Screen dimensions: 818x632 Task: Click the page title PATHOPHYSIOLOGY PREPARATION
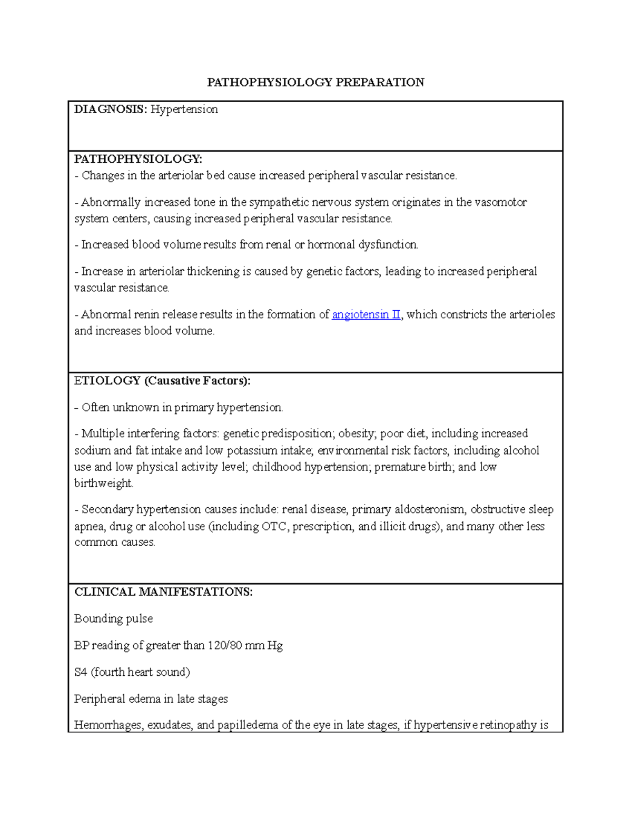tap(315, 82)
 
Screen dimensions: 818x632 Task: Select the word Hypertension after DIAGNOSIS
tap(184, 110)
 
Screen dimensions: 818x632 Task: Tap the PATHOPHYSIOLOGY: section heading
tap(138, 159)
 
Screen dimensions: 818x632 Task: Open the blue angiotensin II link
tap(366, 315)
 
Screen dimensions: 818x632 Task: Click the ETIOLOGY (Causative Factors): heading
tap(162, 381)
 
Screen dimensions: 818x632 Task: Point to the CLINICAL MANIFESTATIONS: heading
tap(163, 592)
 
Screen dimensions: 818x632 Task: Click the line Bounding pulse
tap(113, 619)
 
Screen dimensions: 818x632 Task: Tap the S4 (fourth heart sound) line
tap(132, 673)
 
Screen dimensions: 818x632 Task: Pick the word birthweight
tap(103, 484)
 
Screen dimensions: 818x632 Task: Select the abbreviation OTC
tap(275, 527)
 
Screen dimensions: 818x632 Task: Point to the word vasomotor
tap(500, 203)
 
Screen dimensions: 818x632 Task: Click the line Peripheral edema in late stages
tap(151, 699)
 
